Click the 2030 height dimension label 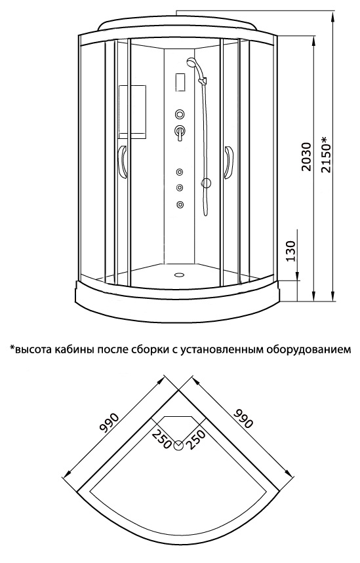click(306, 157)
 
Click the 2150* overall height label click(327, 155)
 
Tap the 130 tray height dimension click(290, 250)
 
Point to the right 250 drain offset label click(196, 438)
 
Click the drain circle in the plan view click(178, 446)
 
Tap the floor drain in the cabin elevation click(178, 275)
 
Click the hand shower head click(192, 62)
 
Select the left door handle click(123, 162)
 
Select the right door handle click(229, 162)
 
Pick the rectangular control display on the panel click(180, 83)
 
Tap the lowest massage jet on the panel click(179, 204)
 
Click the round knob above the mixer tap click(180, 115)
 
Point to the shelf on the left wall click(132, 111)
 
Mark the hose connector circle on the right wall click(206, 184)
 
